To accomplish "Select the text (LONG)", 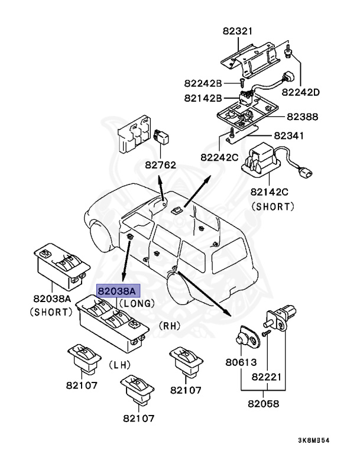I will [137, 303].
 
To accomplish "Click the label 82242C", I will [219, 157].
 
